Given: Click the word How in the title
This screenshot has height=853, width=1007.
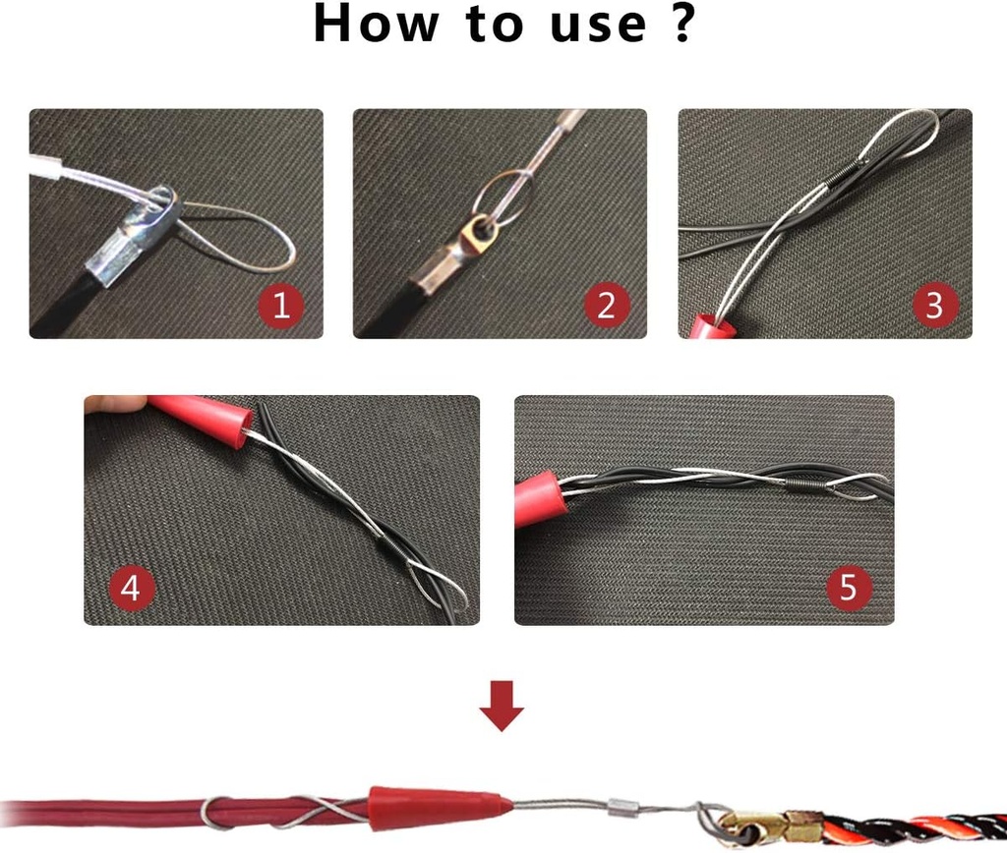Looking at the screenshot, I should [375, 24].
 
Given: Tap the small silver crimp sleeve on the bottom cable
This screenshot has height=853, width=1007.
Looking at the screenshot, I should [622, 808].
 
